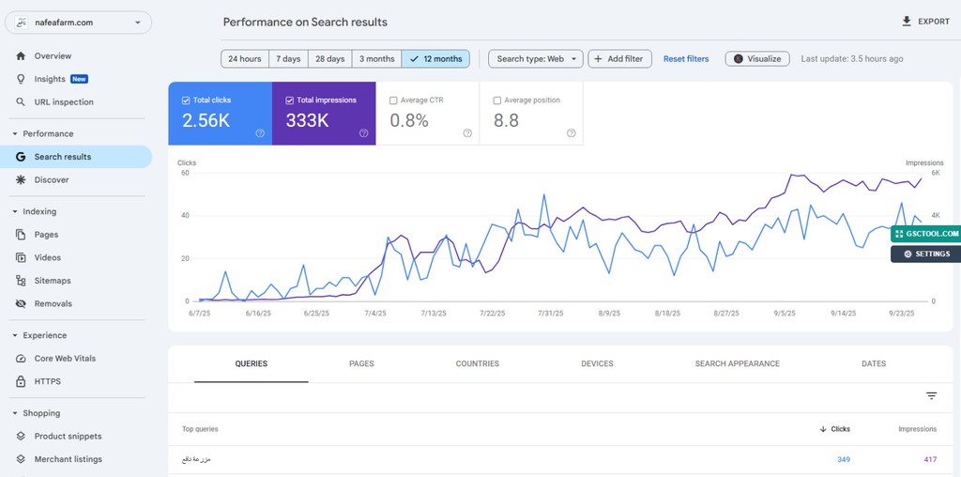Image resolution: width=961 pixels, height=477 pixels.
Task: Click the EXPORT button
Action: tap(925, 22)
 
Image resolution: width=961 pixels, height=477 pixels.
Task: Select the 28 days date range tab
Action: tap(329, 59)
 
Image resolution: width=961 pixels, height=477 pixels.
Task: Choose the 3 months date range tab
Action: tap(376, 59)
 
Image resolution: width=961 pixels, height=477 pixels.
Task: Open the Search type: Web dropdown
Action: tap(536, 59)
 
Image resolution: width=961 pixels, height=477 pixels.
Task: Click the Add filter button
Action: tap(621, 59)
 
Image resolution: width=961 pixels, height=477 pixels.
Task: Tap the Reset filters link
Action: tap(686, 59)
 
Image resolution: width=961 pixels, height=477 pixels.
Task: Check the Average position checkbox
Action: tap(498, 100)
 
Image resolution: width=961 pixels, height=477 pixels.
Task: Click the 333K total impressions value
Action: tap(307, 120)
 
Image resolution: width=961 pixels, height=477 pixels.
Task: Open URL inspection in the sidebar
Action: tap(64, 102)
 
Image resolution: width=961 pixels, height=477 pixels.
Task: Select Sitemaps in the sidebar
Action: tap(53, 281)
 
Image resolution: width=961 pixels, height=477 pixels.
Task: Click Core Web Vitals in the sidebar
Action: tap(65, 359)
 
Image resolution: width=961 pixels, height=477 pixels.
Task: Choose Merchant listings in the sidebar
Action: tap(68, 459)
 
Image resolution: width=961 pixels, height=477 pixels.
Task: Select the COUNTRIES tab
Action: tap(477, 363)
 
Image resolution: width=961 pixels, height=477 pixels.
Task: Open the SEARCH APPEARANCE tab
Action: tap(737, 363)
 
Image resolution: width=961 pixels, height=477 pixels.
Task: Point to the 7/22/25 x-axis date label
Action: tap(492, 314)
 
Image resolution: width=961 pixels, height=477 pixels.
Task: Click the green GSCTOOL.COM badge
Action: tap(926, 234)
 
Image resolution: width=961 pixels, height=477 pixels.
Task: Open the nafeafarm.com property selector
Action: tap(79, 22)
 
